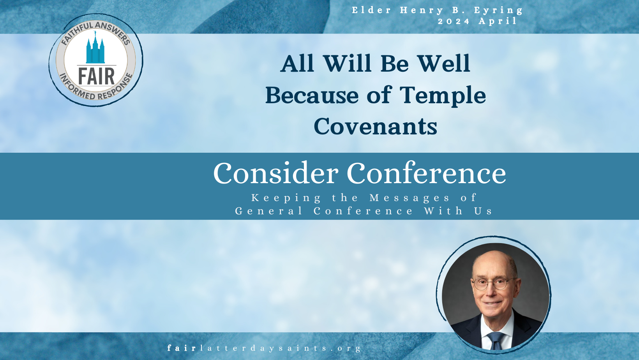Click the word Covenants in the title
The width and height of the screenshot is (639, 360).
tap(376, 126)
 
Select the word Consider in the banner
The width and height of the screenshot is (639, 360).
tap(276, 173)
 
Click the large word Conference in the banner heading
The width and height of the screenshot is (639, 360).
tap(426, 173)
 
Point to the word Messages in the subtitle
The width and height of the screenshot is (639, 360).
tap(410, 198)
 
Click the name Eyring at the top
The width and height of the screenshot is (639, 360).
tap(498, 11)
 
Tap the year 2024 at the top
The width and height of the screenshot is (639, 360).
tap(454, 21)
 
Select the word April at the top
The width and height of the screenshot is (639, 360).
tap(498, 21)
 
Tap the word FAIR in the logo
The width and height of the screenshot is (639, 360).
tap(96, 76)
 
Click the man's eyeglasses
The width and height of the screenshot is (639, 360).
tap(492, 284)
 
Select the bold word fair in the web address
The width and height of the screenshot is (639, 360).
tap(181, 348)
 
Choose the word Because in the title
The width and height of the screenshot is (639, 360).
tap(312, 95)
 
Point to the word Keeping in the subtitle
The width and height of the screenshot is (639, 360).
tap(286, 198)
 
